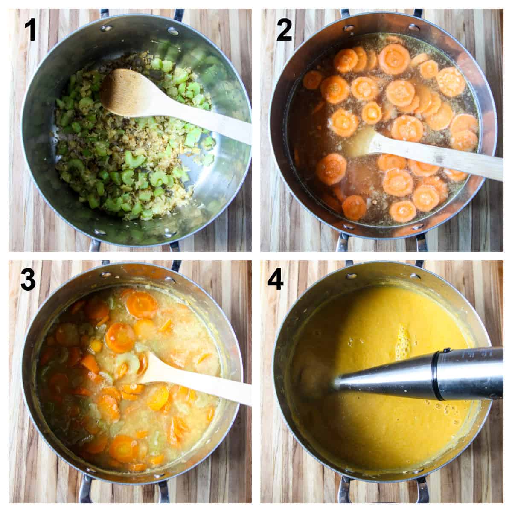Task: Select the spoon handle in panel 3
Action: (213, 388)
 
